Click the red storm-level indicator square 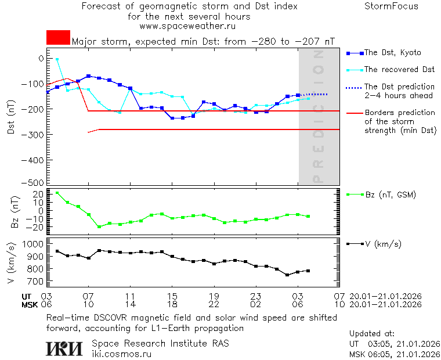[58, 38]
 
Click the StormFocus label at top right [391, 6]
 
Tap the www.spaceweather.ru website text [188, 26]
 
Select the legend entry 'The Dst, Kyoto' [393, 53]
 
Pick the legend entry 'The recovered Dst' [399, 70]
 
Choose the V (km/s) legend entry [382, 244]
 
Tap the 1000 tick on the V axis [33, 244]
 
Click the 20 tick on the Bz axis [38, 193]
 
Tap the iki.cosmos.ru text [121, 354]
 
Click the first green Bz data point [57, 193]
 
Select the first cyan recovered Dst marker [57, 59]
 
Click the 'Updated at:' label [372, 334]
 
